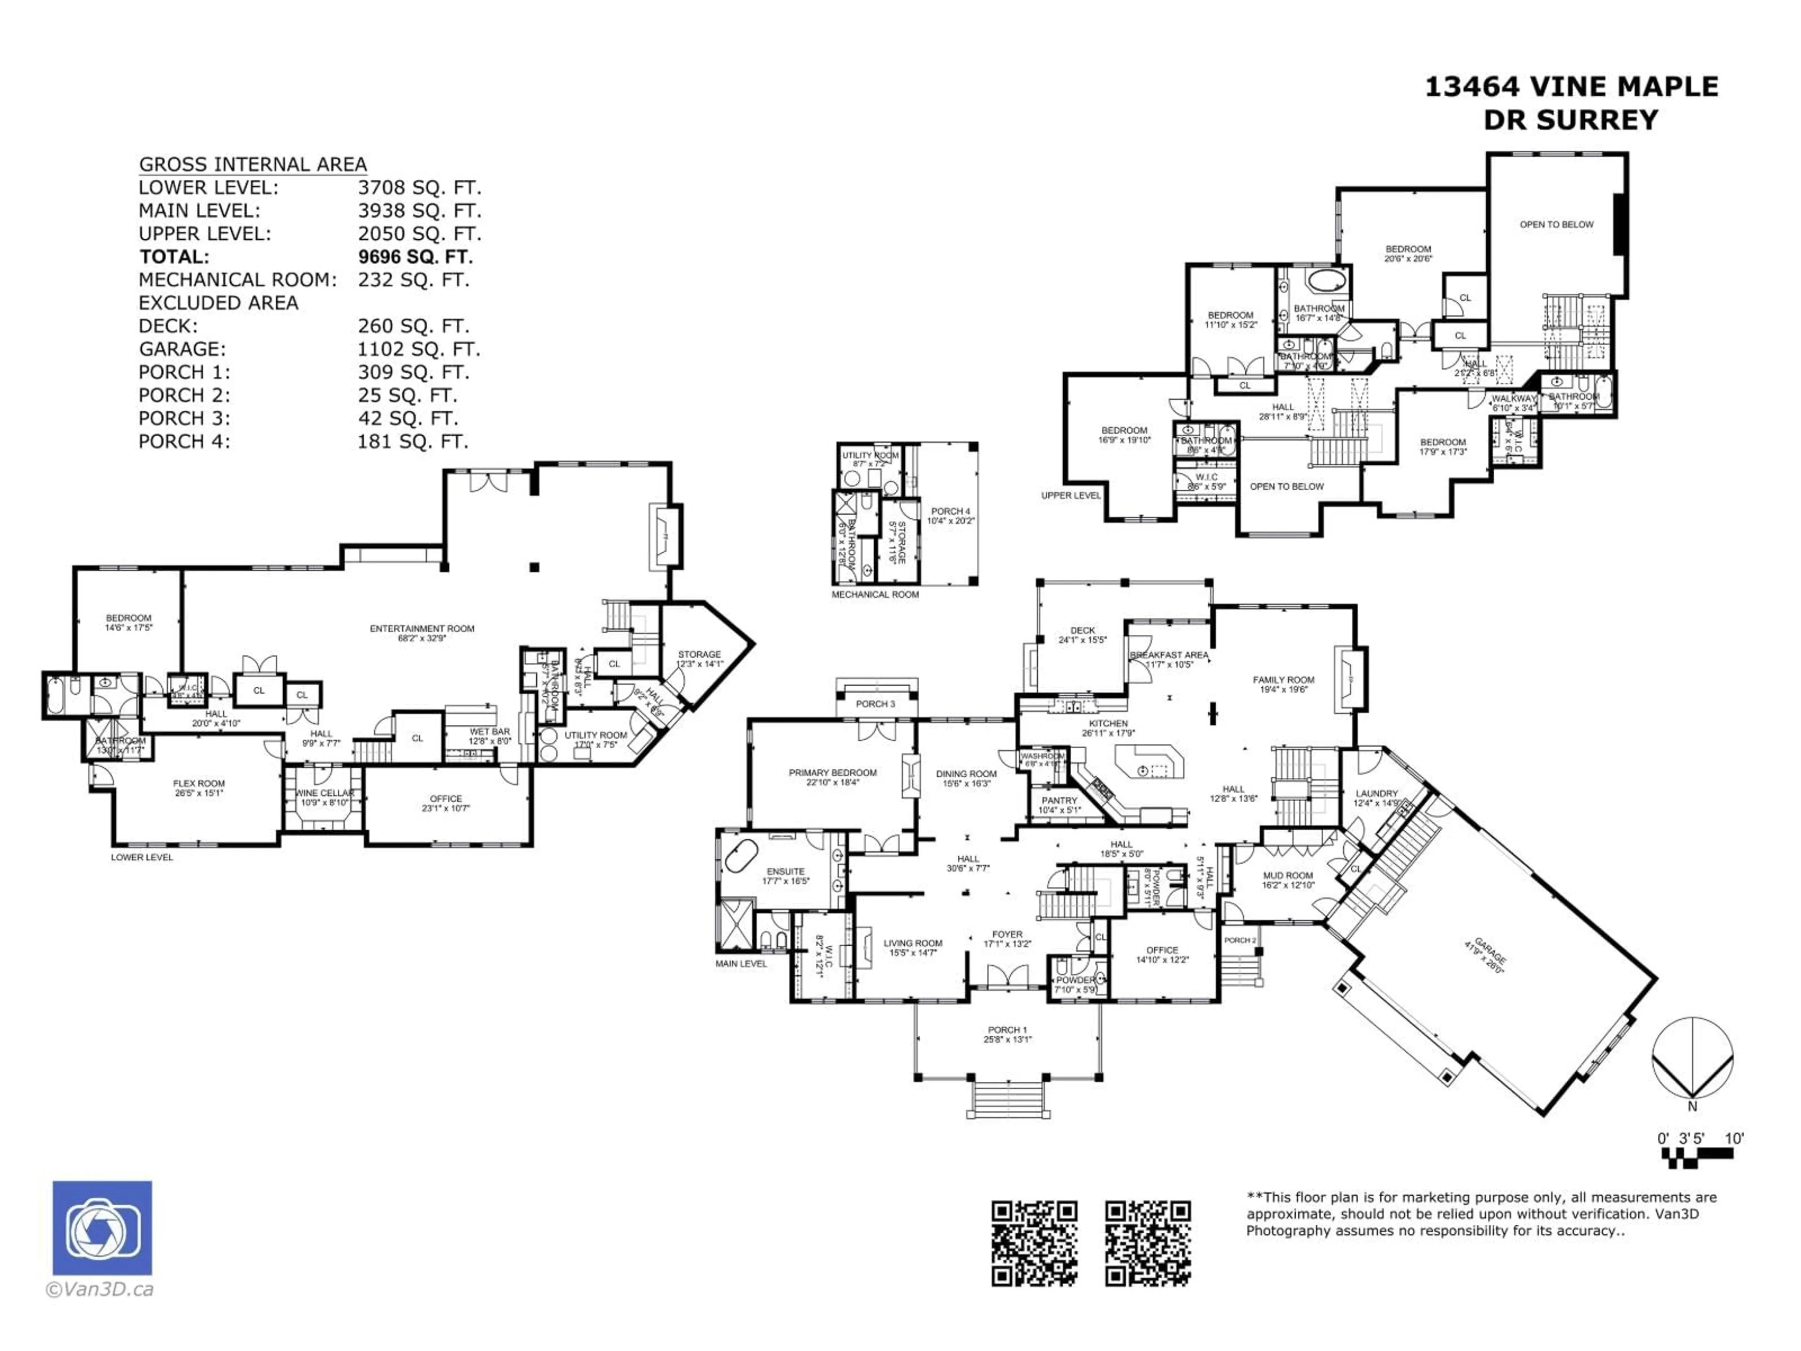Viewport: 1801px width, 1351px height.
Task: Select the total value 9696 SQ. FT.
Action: coord(415,257)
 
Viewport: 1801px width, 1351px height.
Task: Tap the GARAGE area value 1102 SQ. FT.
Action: coord(418,349)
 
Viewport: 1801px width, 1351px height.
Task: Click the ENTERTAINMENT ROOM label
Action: coord(422,629)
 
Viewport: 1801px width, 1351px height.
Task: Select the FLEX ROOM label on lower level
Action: coord(199,783)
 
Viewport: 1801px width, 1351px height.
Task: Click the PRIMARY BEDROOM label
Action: coord(832,773)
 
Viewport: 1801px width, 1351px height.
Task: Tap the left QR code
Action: coord(1034,1244)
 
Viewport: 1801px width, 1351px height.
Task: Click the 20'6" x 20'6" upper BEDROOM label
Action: coord(1408,249)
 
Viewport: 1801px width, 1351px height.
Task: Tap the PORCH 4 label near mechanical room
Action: coord(950,511)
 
